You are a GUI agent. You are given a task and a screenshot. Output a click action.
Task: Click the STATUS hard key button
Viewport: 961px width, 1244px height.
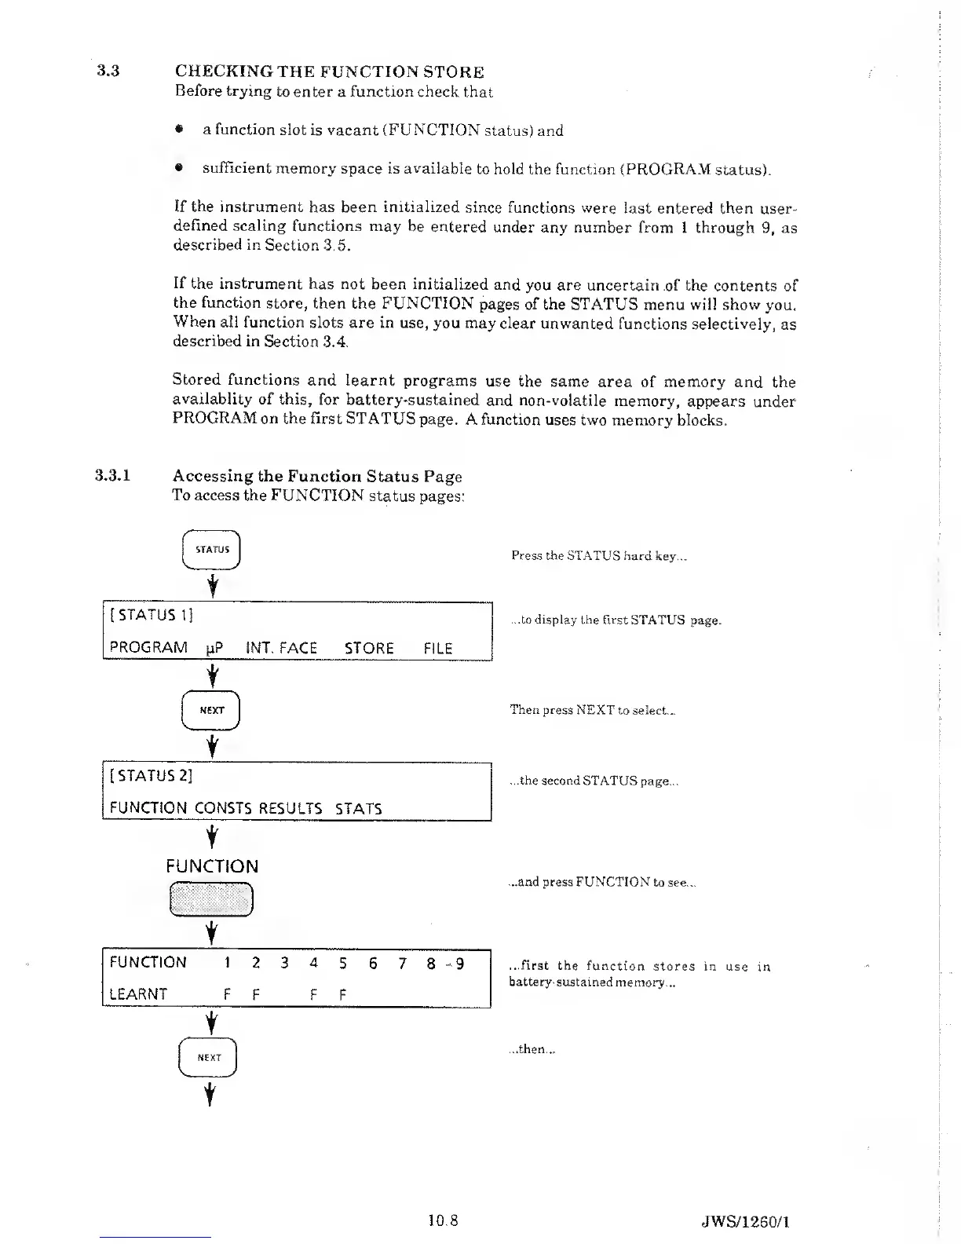[210, 550]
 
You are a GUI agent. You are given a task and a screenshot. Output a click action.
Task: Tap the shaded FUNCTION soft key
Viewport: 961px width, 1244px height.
[210, 900]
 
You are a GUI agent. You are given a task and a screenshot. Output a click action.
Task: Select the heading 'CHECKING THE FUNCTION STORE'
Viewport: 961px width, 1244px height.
[329, 72]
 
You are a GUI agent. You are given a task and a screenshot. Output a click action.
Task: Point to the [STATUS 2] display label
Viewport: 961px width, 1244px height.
[152, 776]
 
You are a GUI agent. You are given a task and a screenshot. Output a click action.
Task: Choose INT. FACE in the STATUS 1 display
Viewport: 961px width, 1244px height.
[281, 649]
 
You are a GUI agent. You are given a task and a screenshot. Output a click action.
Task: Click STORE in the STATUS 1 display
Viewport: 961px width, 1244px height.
[369, 649]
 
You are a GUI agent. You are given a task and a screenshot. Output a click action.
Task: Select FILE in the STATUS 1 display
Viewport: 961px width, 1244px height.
[438, 649]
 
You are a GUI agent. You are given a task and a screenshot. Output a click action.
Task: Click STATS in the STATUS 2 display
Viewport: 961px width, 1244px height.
[359, 808]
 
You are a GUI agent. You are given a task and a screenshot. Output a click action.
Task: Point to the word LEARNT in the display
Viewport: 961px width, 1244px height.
[138, 994]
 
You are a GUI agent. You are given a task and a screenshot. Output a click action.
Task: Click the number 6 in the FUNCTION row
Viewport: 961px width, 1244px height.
[373, 963]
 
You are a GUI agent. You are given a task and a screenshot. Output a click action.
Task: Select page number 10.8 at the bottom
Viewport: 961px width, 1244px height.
[443, 1221]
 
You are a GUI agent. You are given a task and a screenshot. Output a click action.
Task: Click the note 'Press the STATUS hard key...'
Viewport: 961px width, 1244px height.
[599, 556]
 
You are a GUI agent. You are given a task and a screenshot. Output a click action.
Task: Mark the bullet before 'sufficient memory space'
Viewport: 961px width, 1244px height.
[180, 168]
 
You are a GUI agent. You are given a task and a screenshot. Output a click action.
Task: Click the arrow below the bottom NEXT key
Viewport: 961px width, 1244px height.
[210, 1093]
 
